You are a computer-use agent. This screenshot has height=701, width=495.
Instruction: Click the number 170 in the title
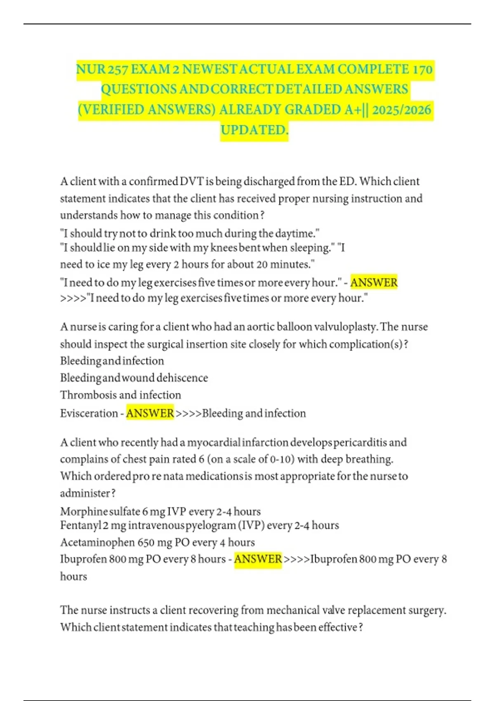point(422,69)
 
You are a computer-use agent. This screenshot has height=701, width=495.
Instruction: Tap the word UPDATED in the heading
point(254,130)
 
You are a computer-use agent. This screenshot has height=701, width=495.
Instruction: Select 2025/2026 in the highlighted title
point(401,110)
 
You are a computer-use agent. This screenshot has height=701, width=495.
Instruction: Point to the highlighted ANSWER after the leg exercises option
point(374,282)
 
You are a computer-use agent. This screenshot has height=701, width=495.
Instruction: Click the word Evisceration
point(89,413)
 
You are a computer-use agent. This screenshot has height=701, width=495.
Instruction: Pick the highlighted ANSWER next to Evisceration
point(150,413)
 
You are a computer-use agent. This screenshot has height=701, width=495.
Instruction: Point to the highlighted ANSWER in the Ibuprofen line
point(258,559)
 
